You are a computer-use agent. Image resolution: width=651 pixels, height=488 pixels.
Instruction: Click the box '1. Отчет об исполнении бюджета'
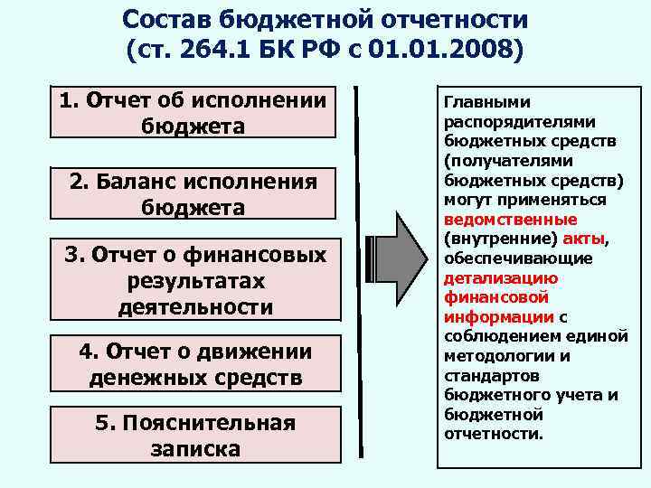(193, 113)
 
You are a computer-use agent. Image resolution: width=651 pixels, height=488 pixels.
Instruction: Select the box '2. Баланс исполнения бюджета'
(193, 194)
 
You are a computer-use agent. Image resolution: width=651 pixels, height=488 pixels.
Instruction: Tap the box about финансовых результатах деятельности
(193, 281)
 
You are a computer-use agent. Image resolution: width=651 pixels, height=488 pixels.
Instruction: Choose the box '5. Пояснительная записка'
(193, 436)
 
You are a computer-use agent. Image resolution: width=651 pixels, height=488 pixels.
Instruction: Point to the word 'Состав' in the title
(164, 19)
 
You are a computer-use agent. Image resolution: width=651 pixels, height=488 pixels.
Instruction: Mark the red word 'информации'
(498, 317)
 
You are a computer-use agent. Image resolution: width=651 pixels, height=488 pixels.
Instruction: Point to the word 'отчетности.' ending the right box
(495, 434)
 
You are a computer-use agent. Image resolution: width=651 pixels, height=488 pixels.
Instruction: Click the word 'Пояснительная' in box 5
(208, 423)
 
